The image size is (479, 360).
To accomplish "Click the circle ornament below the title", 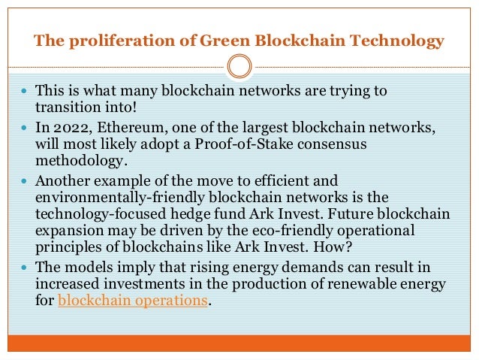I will click(239, 66).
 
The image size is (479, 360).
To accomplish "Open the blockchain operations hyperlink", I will click(133, 301).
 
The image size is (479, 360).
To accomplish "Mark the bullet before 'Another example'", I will click(26, 180).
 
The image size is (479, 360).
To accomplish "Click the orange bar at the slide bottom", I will click(239, 345).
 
